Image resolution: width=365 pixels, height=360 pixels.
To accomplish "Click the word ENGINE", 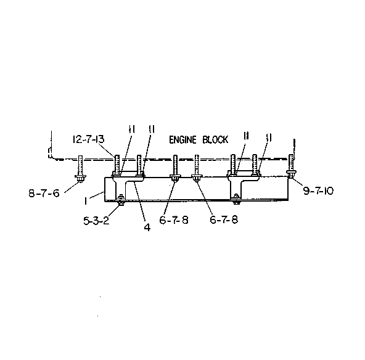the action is [x=182, y=140].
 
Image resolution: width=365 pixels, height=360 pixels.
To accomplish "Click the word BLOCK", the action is [x=215, y=140].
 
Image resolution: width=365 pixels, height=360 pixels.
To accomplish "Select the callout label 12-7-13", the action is [x=88, y=139].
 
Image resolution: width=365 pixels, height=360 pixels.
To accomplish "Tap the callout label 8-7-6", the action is [x=44, y=194].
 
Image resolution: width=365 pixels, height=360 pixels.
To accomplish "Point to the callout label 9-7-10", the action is [x=318, y=191].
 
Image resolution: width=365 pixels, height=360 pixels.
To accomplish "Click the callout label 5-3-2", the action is [x=96, y=221].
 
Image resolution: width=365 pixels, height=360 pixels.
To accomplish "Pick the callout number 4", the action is [x=147, y=227].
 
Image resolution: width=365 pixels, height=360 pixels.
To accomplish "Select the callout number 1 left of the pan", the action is [x=86, y=201].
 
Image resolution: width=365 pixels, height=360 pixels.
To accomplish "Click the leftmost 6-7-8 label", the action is [x=174, y=219].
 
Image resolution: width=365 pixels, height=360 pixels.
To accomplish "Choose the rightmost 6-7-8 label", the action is [x=224, y=219].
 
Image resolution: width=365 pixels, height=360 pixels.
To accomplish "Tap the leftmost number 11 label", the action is [x=132, y=129].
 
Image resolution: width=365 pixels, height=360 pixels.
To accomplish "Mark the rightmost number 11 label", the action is [x=269, y=138].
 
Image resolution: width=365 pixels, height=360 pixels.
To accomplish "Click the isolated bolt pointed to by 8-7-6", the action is [x=80, y=168].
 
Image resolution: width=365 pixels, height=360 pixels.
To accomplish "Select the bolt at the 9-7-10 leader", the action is [x=291, y=166].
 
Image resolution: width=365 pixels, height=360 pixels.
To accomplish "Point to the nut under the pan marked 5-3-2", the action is [x=121, y=203].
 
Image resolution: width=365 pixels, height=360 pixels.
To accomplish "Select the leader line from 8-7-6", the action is [x=72, y=187].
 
